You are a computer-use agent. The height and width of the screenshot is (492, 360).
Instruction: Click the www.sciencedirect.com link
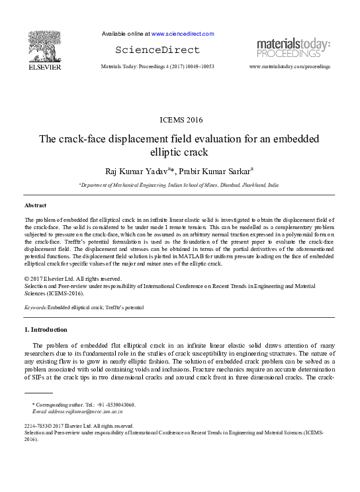183,33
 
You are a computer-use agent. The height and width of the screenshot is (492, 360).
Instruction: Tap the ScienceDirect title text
157,50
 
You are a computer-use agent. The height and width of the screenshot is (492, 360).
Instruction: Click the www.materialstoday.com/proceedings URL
289,67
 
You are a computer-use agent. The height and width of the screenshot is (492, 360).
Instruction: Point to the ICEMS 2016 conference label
180,120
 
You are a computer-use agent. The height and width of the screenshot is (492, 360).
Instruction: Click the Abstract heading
36,206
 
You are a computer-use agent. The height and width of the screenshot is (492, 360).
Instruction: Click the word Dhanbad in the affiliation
227,186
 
